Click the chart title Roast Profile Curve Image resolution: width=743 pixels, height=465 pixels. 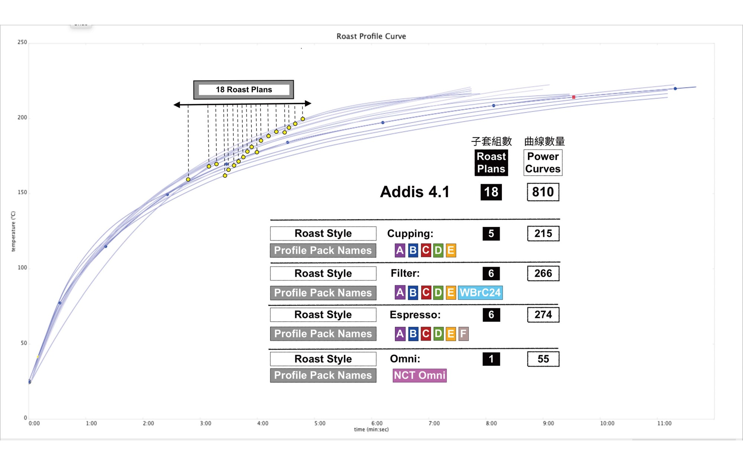click(371, 36)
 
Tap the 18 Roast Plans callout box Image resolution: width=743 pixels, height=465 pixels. click(244, 90)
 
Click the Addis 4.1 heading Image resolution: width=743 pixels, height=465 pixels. click(415, 192)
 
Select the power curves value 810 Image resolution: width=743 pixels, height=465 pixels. click(543, 192)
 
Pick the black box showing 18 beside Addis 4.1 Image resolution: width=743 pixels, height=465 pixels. click(491, 192)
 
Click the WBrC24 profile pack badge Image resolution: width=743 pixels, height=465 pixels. click(480, 293)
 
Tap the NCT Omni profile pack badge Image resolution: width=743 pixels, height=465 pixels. click(419, 375)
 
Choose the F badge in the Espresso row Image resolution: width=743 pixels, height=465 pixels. click(463, 334)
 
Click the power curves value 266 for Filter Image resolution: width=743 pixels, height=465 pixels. click(543, 273)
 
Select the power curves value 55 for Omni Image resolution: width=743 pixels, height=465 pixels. click(543, 359)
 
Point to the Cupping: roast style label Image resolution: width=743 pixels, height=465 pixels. click(410, 234)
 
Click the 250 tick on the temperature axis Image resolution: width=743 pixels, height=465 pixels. click(22, 42)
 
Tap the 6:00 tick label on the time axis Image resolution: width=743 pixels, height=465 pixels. click(377, 423)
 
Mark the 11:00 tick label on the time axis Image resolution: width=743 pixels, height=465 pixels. click(664, 423)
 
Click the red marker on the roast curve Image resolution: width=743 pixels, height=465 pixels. click(574, 97)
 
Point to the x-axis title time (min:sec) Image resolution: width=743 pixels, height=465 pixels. click(371, 430)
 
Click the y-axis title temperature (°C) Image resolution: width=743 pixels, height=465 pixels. click(13, 231)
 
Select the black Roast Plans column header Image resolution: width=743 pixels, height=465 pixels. click(491, 163)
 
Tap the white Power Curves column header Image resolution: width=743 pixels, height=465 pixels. click(543, 163)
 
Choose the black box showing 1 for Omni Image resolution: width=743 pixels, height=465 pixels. click(491, 359)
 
